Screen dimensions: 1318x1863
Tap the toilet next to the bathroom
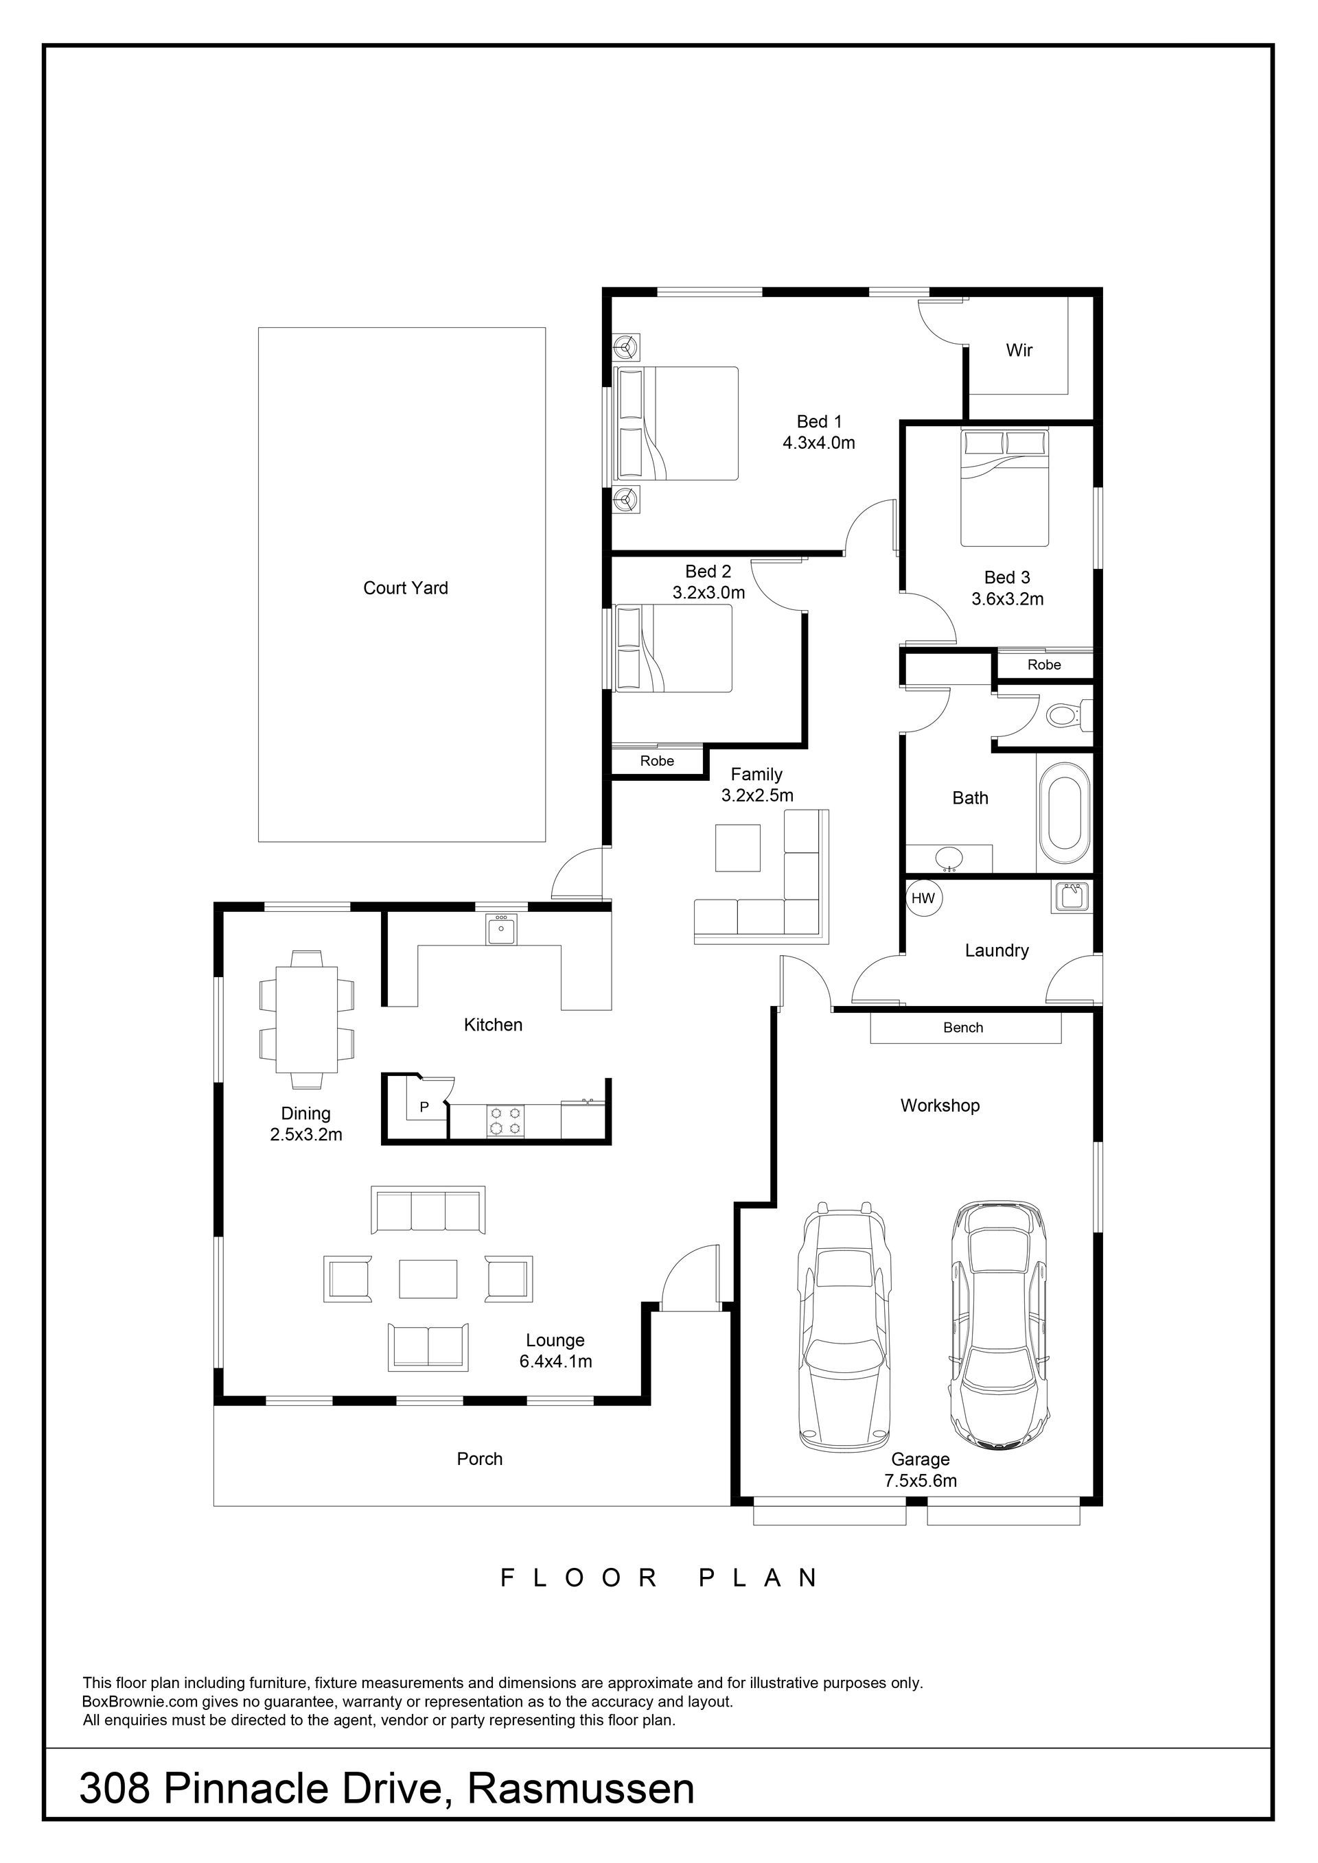[x=1065, y=715]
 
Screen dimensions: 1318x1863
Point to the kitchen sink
[x=500, y=929]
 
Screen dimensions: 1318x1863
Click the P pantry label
[x=424, y=1106]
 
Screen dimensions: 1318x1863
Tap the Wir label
[x=1019, y=351]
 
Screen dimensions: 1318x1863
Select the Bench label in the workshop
[x=963, y=1027]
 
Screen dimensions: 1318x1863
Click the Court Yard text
[x=406, y=587]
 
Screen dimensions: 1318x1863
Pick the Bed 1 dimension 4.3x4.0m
[x=819, y=443]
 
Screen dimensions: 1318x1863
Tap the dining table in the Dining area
[x=307, y=1018]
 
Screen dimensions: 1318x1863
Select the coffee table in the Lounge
[x=428, y=1278]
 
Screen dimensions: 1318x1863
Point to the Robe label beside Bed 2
[x=658, y=761]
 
